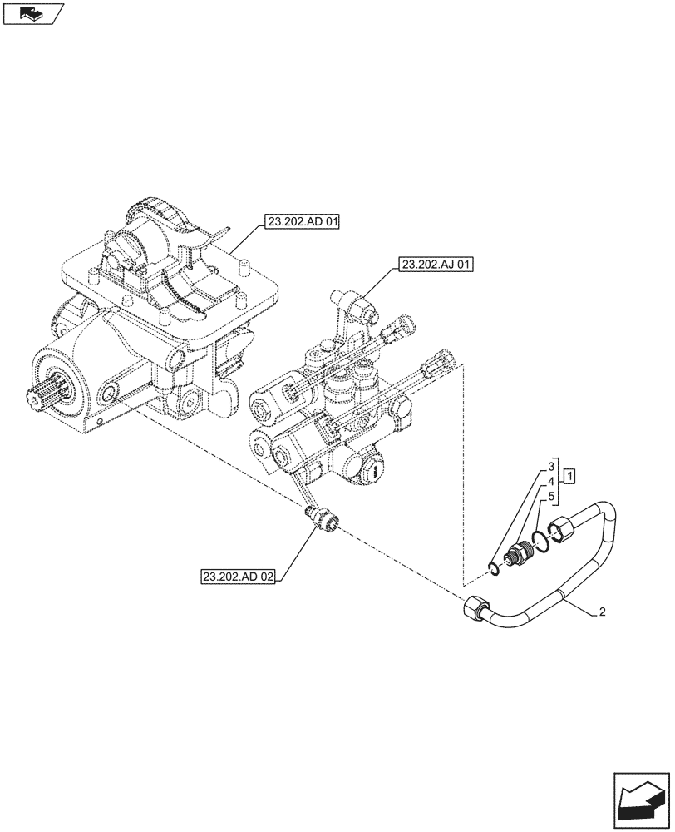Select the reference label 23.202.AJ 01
click(x=436, y=265)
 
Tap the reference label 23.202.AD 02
click(x=237, y=576)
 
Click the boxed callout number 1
click(x=570, y=477)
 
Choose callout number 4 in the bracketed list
click(x=550, y=481)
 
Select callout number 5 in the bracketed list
click(x=550, y=497)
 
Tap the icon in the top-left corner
click(x=32, y=13)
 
